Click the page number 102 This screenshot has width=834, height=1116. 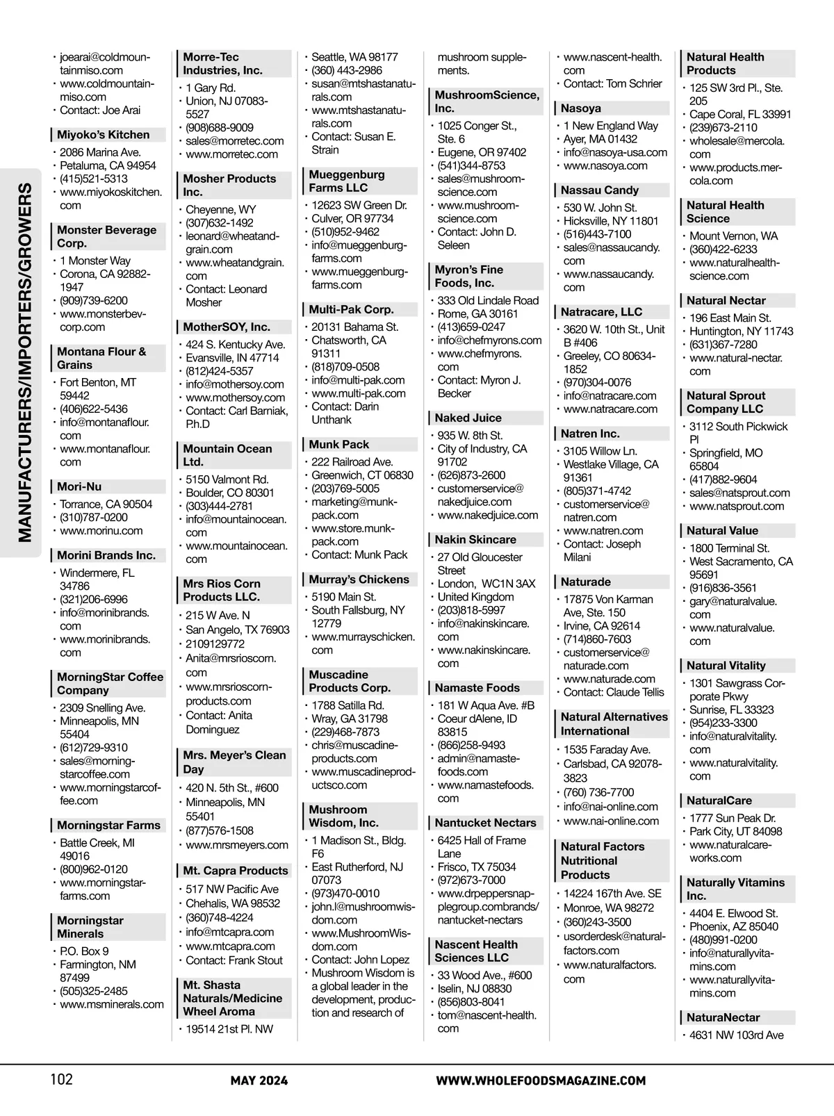tap(61, 1079)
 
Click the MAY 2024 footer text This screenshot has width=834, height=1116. tap(259, 1081)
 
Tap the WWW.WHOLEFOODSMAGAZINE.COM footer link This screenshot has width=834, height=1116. tap(541, 1081)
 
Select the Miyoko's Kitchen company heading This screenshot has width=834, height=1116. tap(103, 135)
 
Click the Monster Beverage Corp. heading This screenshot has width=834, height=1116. tap(106, 236)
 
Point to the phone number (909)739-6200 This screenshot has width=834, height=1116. tap(94, 300)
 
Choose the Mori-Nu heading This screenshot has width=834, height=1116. tap(79, 486)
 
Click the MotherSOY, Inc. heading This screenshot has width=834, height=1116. tap(227, 327)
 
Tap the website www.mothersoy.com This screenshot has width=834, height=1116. tap(235, 397)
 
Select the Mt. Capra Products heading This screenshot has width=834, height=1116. tap(235, 870)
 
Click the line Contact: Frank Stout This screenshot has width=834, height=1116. tap(234, 960)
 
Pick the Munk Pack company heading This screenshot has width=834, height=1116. tap(339, 444)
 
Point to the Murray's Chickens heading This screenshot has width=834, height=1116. tap(359, 579)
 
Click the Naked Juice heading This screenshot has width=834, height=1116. tap(468, 418)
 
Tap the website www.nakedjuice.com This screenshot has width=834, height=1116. tap(487, 515)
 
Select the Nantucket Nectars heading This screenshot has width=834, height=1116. tap(485, 822)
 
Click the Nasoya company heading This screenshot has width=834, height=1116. tap(580, 108)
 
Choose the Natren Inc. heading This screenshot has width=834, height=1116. tap(590, 433)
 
